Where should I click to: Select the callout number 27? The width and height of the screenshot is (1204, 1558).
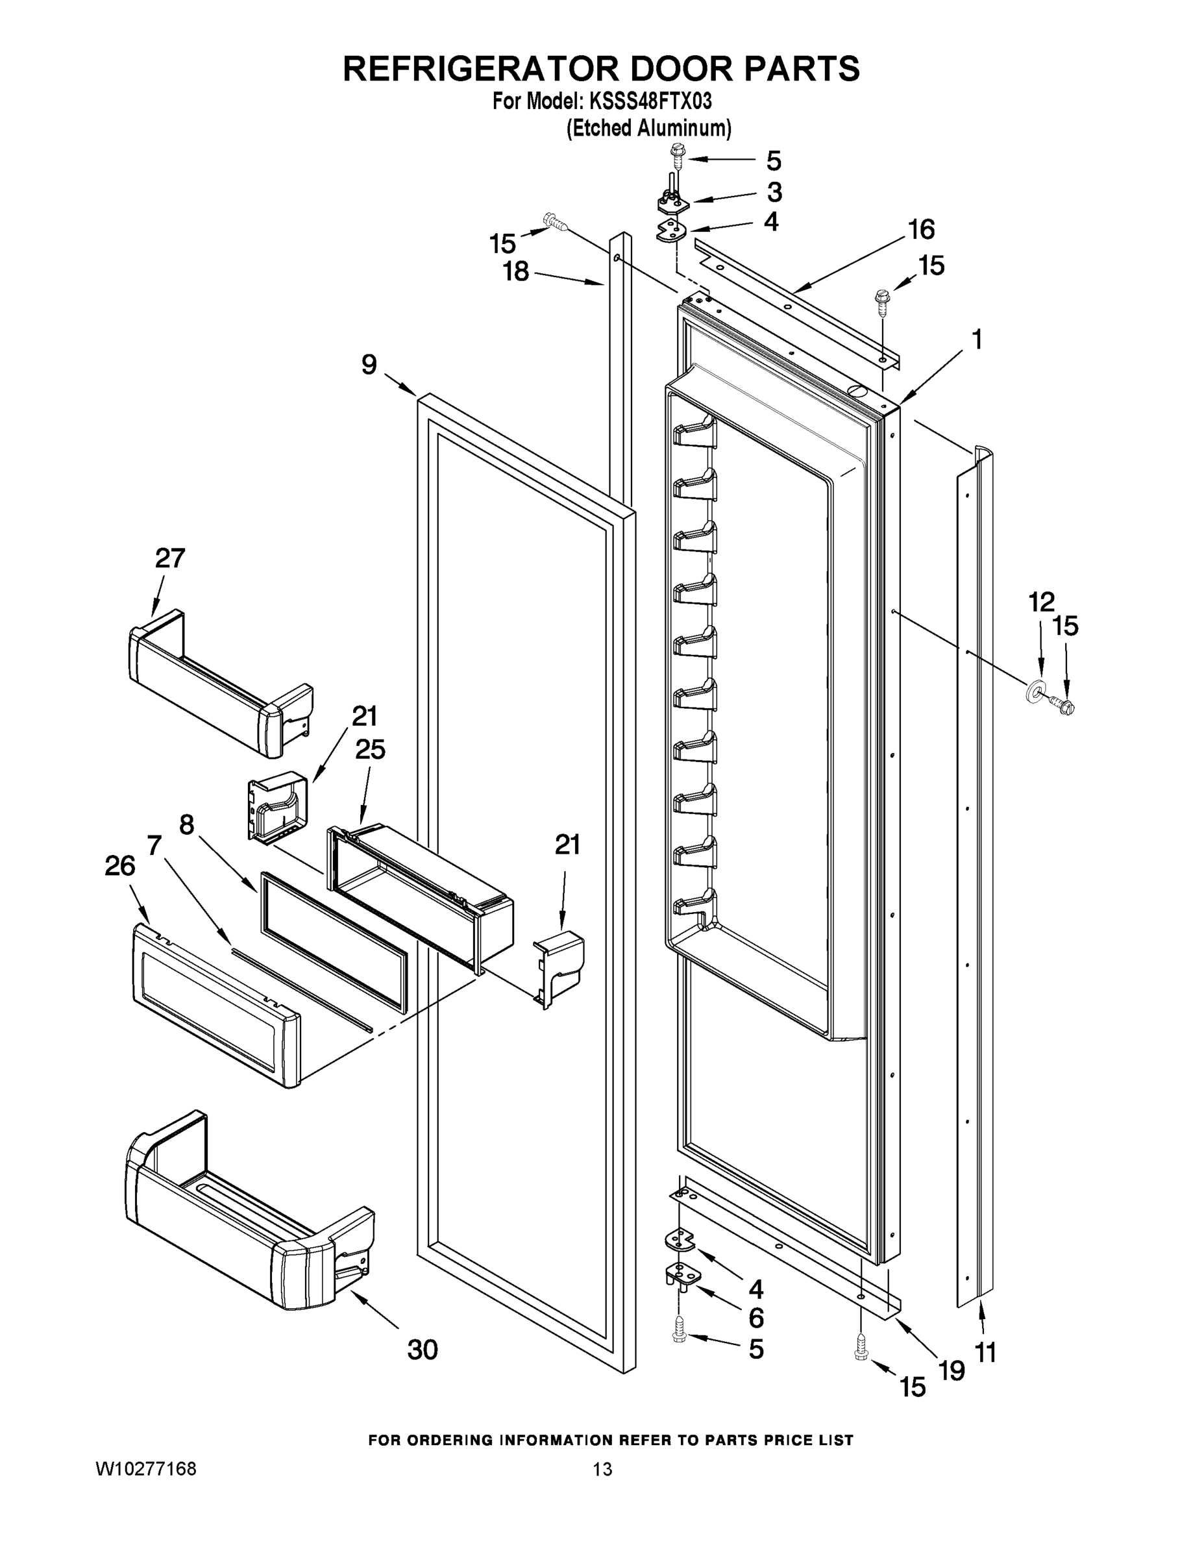(x=170, y=558)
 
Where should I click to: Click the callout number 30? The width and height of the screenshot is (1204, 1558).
(x=423, y=1350)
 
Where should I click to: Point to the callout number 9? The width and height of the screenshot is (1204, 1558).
(x=369, y=365)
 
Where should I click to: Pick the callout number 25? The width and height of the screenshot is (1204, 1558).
(x=370, y=749)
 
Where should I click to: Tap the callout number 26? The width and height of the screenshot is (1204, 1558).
(x=120, y=866)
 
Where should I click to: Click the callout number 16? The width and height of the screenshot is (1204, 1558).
(x=921, y=230)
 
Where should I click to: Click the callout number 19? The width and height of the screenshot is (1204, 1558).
(x=952, y=1370)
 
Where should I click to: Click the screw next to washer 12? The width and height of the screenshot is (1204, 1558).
(x=1062, y=706)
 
